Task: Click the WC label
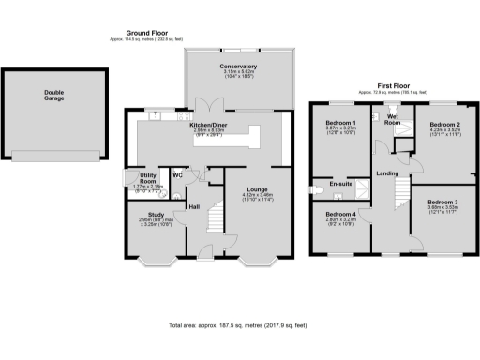(177, 172)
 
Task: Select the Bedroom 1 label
(341, 124)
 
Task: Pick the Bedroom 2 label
(444, 124)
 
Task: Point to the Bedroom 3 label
(443, 202)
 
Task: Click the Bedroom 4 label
(341, 215)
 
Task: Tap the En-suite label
(339, 186)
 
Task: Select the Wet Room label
(393, 119)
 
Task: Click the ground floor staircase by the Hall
(217, 222)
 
